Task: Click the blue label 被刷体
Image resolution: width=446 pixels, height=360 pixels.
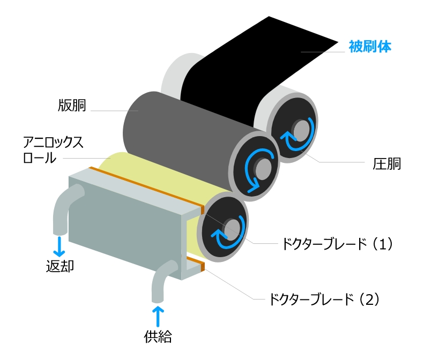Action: [370, 47]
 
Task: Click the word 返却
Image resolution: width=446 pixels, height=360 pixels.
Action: [60, 265]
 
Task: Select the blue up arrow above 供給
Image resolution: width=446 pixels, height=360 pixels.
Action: [159, 315]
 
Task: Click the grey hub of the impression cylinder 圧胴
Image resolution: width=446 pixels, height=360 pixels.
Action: [302, 129]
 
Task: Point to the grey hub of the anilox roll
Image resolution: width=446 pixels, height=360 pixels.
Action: [232, 228]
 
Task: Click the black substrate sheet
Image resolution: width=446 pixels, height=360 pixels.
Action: [252, 64]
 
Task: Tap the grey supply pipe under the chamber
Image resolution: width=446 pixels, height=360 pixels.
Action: [161, 281]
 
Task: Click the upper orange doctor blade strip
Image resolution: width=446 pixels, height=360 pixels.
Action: [145, 187]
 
